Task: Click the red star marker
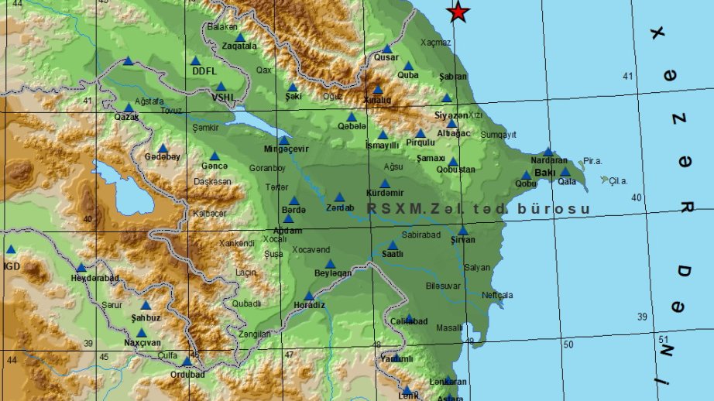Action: click(x=458, y=12)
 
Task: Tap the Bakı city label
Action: click(x=544, y=173)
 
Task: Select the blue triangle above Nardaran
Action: click(x=548, y=152)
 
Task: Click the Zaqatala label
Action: click(x=239, y=46)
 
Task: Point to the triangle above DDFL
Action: click(x=195, y=60)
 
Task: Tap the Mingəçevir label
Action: click(x=286, y=149)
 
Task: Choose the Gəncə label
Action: click(x=215, y=166)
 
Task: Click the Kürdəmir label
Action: click(x=385, y=193)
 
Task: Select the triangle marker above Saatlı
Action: click(x=393, y=245)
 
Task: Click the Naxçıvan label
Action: click(x=142, y=342)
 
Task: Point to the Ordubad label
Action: click(x=187, y=374)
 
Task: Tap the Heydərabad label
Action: click(x=94, y=278)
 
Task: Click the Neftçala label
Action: click(x=496, y=295)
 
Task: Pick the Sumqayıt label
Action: click(x=498, y=134)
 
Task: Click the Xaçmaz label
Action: click(x=435, y=43)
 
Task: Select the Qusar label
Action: click(x=386, y=57)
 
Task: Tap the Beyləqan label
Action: click(x=333, y=273)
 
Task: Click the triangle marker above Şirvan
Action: click(x=462, y=231)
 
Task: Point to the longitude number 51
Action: click(x=663, y=339)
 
